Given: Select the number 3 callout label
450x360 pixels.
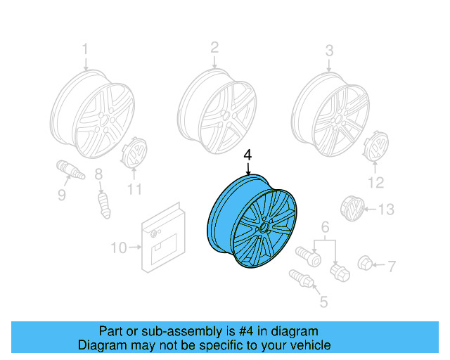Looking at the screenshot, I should [328, 50].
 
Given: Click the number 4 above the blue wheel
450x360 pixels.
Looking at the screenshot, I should [247, 155].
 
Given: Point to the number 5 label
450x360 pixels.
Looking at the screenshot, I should [323, 303].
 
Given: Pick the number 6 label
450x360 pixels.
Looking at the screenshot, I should [325, 226].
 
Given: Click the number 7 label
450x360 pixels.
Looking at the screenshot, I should [392, 266].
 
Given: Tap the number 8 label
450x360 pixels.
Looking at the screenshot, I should [98, 174].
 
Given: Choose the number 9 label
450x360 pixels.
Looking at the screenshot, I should [62, 194].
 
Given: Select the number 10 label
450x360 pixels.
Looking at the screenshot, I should [119, 247].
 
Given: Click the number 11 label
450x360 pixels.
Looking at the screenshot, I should [134, 189].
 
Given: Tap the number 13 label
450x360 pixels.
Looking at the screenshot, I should [386, 210].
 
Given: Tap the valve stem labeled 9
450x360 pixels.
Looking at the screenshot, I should [70, 171].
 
